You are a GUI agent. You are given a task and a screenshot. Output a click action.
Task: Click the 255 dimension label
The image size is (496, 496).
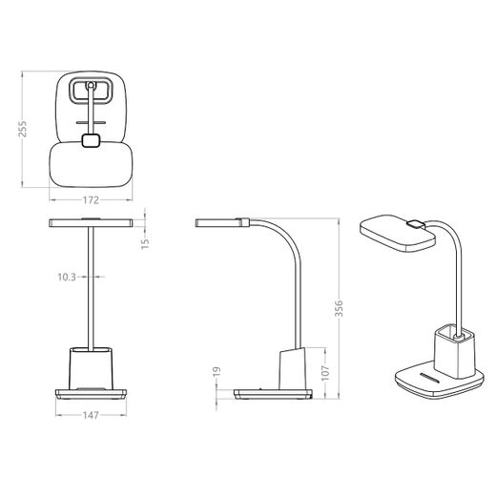tap(23, 129)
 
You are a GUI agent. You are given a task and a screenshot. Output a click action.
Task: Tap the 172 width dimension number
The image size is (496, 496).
tap(91, 200)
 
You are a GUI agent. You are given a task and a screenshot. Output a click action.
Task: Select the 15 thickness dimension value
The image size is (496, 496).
tap(145, 243)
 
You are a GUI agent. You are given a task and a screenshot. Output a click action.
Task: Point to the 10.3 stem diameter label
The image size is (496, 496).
tap(67, 278)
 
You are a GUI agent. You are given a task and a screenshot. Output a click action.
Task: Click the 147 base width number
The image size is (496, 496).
tap(91, 415)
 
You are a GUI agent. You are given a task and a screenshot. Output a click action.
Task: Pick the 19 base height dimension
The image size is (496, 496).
tap(217, 371)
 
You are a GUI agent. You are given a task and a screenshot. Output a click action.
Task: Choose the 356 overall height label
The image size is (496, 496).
tap(339, 308)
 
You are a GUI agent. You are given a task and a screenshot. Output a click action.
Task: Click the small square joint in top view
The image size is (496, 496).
tap(91, 140)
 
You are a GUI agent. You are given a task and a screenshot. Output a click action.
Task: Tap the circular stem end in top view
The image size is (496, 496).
tap(91, 85)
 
